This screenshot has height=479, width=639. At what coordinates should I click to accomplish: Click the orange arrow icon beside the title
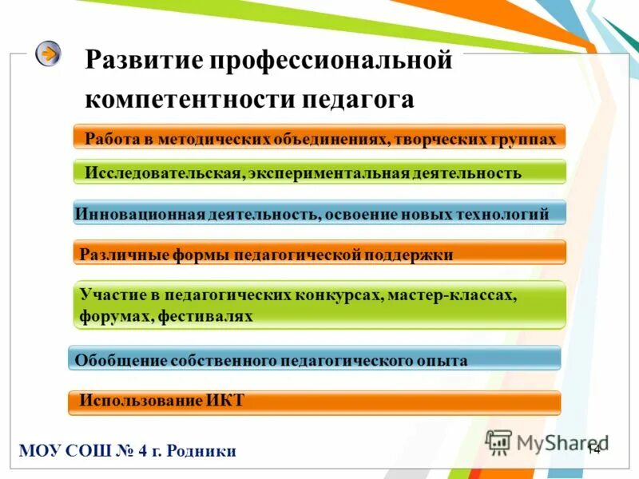(49, 54)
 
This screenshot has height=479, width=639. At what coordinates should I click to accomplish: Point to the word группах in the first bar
(522, 139)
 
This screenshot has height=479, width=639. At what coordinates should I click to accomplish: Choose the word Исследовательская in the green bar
(162, 173)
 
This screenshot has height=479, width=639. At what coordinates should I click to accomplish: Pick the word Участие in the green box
(106, 295)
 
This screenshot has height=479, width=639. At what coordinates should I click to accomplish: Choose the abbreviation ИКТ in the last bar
(227, 401)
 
